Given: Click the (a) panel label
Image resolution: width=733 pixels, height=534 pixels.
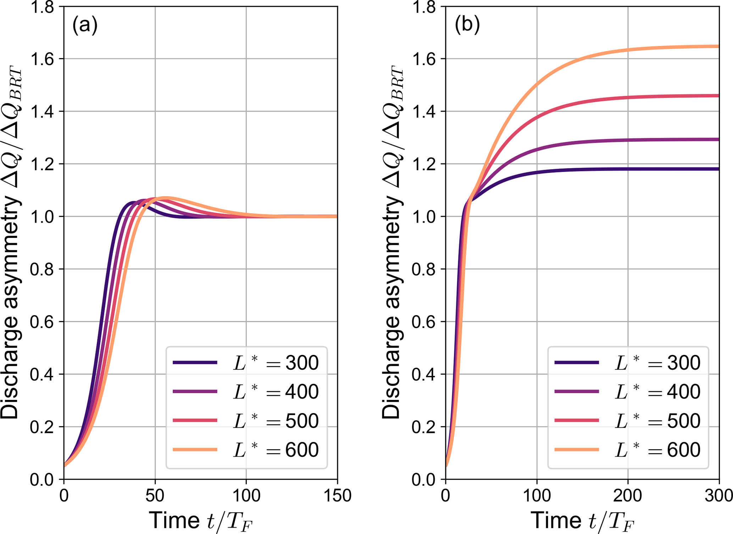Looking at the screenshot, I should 85,26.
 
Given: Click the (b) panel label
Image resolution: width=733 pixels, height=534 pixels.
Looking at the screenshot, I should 467,26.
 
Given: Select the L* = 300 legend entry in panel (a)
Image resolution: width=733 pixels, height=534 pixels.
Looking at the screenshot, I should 246,363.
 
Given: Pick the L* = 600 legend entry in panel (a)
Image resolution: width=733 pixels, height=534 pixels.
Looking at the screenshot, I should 246,450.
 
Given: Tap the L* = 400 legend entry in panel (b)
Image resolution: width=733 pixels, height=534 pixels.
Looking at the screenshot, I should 628,391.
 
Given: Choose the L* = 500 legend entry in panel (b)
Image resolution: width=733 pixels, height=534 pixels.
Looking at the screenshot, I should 628,421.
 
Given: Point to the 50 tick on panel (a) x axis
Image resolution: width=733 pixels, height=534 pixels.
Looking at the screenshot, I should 155,495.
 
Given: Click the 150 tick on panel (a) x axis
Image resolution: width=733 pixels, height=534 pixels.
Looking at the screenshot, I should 337,495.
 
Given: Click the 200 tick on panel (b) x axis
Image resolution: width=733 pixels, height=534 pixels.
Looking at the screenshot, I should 628,495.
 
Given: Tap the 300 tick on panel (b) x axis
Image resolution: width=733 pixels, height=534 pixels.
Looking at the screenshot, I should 718,495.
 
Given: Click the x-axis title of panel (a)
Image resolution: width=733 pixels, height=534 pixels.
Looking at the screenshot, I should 201,521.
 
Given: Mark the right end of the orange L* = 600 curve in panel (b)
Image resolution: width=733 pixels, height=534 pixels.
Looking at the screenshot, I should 718,46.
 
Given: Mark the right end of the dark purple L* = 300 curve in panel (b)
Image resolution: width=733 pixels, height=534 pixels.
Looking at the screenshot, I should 718,169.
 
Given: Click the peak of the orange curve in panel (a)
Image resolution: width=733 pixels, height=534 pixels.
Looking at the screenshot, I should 165,198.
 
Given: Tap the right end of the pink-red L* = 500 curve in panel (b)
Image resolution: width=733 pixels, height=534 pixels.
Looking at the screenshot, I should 718,96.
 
